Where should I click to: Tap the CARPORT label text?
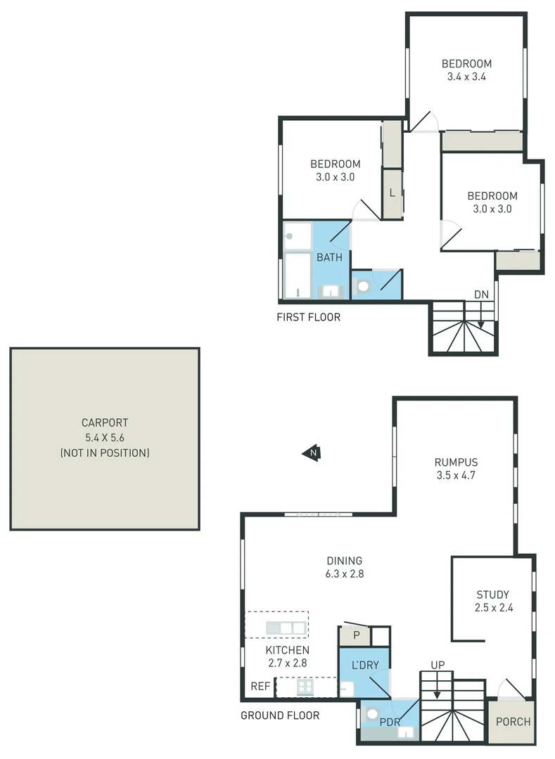[105, 423]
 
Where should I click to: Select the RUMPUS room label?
[456, 462]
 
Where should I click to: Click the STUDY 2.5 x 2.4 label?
[492, 601]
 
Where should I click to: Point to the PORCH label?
[513, 722]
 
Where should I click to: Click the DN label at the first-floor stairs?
[481, 294]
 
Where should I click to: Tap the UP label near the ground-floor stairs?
[438, 665]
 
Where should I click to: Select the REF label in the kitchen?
[260, 687]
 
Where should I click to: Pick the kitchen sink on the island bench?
[286, 628]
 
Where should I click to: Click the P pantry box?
[357, 636]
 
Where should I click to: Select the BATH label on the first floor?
[329, 257]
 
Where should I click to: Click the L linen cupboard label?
[392, 191]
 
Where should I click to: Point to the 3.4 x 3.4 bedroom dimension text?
[467, 77]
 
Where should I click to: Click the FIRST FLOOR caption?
[309, 317]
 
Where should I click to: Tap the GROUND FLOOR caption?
[280, 715]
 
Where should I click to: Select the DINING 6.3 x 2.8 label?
[345, 567]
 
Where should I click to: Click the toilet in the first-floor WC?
[364, 286]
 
